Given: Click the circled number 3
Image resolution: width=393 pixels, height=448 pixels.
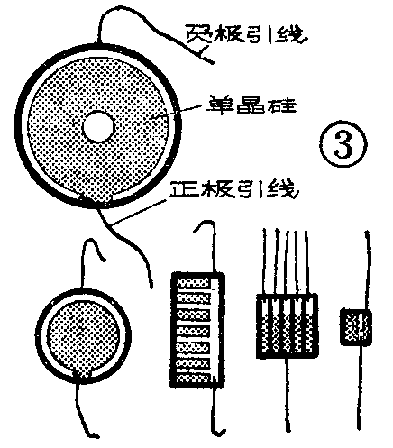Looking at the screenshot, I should [342, 144].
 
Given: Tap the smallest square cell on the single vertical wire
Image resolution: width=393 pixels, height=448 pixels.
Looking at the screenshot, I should [357, 325].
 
